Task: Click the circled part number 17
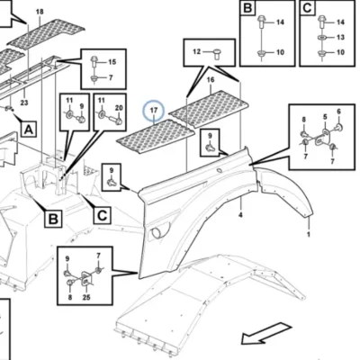154,111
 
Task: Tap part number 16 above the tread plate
211,80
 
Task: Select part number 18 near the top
40,12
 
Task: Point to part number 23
24,103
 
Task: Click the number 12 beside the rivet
196,52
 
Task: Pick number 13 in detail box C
340,37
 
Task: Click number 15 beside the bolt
112,62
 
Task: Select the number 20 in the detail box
119,108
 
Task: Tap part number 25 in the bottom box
86,297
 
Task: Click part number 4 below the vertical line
240,215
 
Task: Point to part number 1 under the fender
309,234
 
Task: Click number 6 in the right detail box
338,112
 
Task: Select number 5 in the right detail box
325,117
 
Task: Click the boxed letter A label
29,130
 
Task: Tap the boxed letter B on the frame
53,219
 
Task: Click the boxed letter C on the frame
103,215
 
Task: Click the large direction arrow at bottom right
266,333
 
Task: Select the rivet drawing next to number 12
218,55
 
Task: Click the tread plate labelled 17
156,137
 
